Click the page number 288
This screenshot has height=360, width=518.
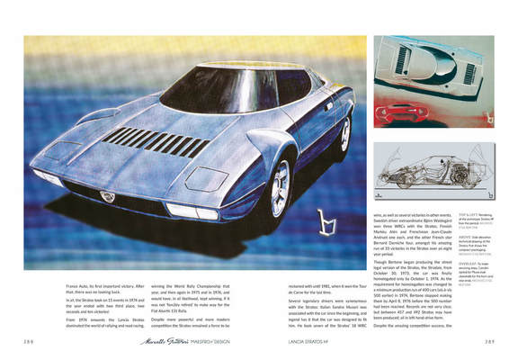click(30, 341)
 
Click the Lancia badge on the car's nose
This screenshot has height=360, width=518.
click(108, 195)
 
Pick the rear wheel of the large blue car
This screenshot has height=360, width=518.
click(344, 133)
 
